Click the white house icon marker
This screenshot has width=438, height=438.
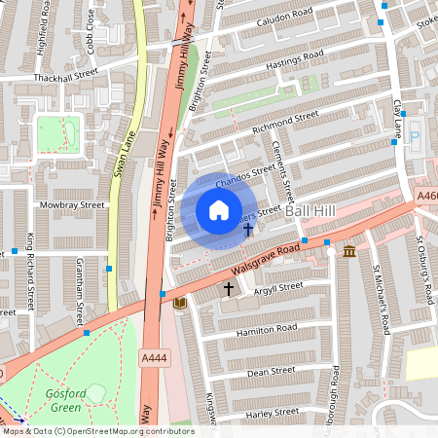219,210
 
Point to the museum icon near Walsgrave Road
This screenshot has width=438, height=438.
348,253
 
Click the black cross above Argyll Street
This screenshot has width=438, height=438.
230,289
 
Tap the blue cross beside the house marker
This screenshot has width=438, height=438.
248,231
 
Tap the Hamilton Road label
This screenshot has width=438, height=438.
266,330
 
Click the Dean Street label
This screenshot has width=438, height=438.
271,371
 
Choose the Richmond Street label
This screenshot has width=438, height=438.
284,119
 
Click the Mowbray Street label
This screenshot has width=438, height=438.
73,205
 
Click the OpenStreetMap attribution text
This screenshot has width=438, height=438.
97,431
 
